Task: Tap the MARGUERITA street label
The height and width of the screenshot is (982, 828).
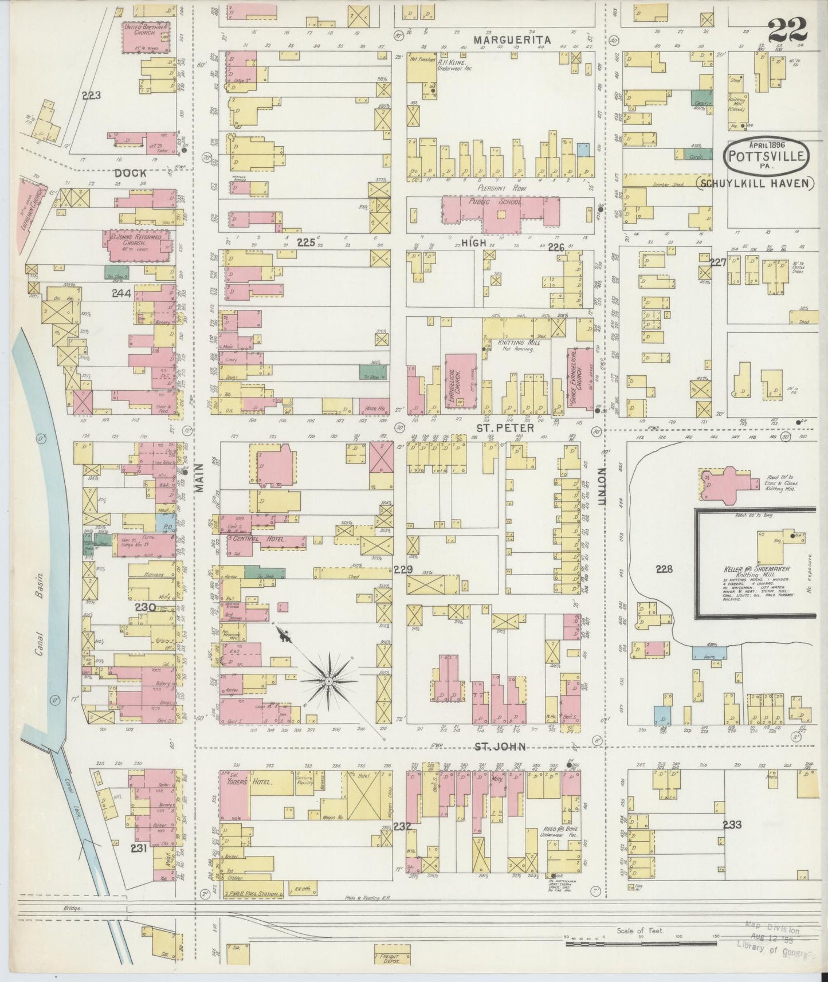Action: (x=512, y=40)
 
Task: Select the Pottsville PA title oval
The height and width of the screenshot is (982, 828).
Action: (x=767, y=154)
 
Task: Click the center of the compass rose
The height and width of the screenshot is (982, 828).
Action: (x=329, y=681)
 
